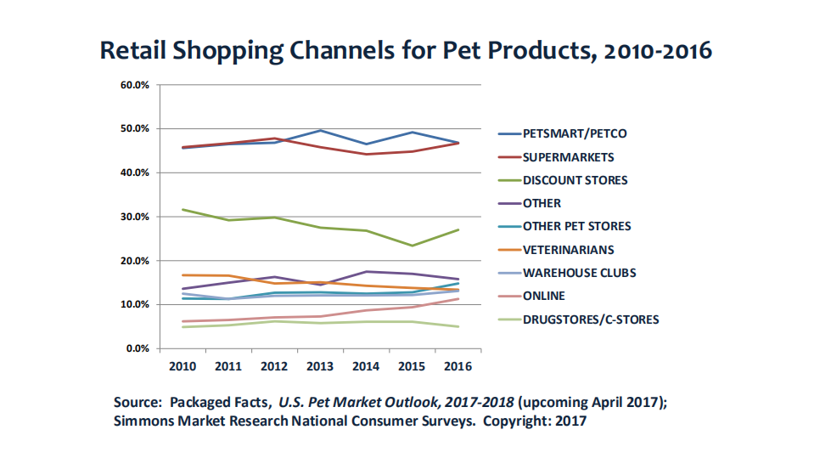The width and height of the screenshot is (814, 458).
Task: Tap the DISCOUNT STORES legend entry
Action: (575, 180)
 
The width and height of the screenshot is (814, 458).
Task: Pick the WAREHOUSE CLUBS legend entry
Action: (580, 273)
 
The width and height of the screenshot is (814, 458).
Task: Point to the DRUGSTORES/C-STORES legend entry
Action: (591, 319)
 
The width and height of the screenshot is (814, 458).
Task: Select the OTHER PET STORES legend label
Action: (577, 226)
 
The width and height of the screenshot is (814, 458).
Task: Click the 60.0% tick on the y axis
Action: (136, 85)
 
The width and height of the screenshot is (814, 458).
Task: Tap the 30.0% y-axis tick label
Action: (136, 217)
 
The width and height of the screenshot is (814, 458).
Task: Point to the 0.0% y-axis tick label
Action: (138, 348)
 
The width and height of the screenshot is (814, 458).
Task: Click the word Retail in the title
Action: (132, 50)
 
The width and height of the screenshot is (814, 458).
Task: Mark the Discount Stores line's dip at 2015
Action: (413, 246)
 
